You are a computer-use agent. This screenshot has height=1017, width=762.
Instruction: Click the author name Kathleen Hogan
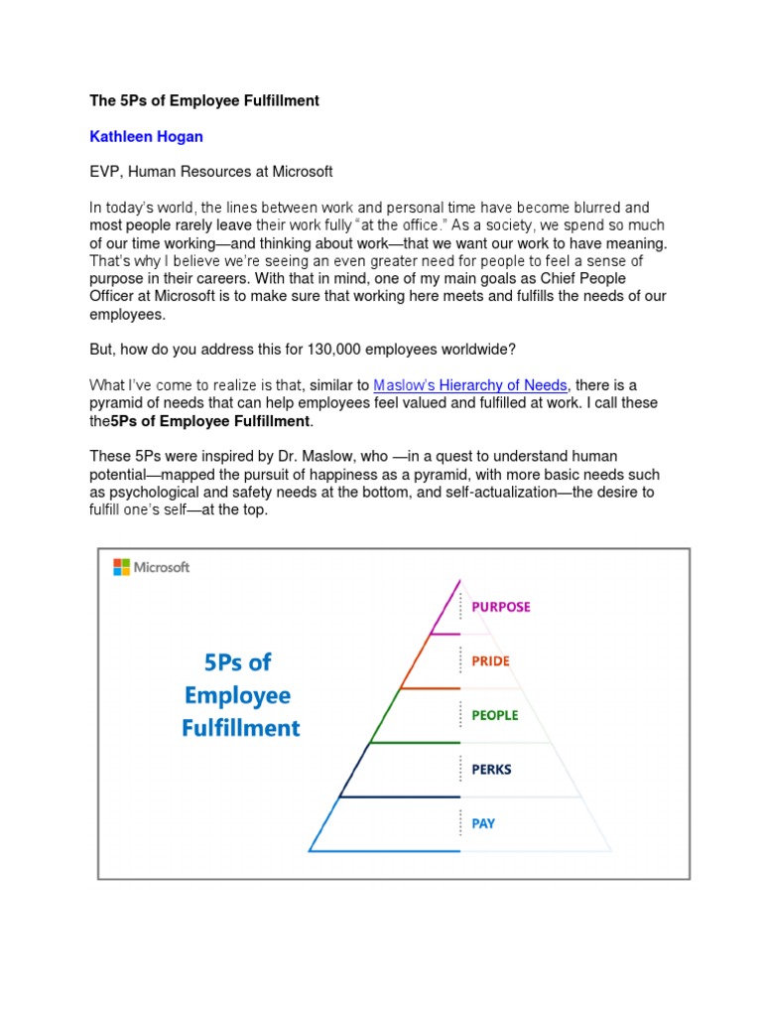coord(140,136)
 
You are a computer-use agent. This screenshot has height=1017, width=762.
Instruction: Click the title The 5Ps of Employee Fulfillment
coord(204,101)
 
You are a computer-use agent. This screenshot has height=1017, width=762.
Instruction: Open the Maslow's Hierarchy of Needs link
coord(470,385)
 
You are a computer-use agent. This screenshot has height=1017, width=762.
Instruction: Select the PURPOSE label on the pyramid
coord(500,607)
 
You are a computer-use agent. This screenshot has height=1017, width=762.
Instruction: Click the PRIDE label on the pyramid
coord(490,660)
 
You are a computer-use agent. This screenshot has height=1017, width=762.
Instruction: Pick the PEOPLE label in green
coord(494,715)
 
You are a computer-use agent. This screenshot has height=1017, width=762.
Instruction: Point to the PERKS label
coord(492,769)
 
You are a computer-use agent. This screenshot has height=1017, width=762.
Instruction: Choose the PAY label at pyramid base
coord(483,823)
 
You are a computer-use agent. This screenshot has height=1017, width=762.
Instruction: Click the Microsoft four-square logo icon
coord(121,567)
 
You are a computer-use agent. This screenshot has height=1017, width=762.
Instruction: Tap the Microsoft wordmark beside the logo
coord(162,567)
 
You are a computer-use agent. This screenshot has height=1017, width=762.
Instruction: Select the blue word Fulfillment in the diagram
coord(240,728)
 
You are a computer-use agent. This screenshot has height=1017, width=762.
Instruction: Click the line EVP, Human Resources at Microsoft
coord(211,172)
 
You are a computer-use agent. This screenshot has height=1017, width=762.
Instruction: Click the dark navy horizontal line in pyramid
coord(400,797)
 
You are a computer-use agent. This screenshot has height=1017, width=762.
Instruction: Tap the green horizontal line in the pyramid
coord(415,743)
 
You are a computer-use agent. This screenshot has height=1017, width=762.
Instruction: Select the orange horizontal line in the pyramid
coord(430,688)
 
